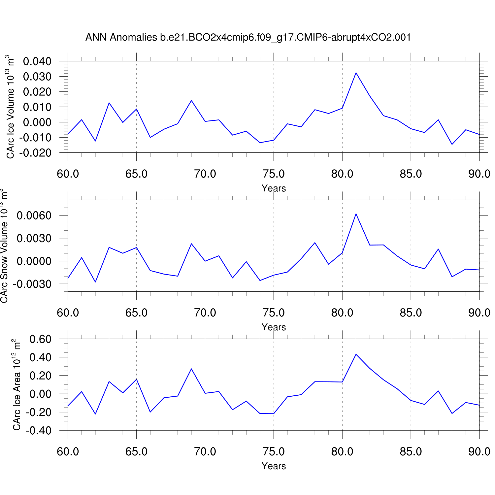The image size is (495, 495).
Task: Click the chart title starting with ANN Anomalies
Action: coord(248,37)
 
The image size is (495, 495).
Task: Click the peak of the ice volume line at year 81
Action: coord(356,73)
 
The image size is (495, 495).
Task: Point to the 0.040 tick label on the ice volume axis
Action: coord(37,61)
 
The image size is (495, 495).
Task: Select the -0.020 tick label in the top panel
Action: coord(35,153)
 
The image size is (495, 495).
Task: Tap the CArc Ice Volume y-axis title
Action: coord(11,107)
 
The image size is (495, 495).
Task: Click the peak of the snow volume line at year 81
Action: coord(356,214)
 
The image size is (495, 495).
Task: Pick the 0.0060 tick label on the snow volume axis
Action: coord(34,215)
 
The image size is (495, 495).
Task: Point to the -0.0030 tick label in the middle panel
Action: coord(32,284)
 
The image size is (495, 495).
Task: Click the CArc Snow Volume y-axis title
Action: coord(4,246)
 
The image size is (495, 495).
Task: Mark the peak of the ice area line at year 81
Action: coord(356,354)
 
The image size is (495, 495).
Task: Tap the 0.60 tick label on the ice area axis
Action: coord(41,339)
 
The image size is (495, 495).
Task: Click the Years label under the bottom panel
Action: coord(274,466)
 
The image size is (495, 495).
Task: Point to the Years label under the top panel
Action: coord(274,188)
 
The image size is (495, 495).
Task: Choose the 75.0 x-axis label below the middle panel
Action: coord(274,313)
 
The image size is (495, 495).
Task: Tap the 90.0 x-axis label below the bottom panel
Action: coord(479,451)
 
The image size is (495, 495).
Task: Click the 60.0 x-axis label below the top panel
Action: coord(68,174)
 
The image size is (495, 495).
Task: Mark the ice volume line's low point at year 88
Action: coord(452,144)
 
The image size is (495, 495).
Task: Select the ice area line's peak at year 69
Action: coord(191,369)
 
